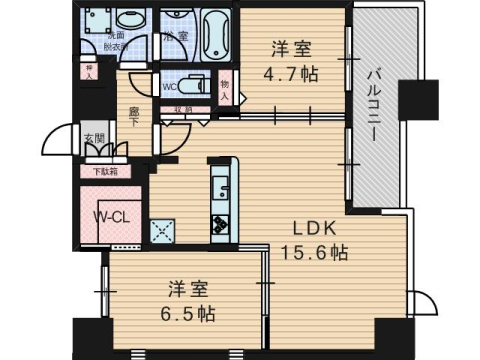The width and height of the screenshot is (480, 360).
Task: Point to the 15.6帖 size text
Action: tap(314, 253)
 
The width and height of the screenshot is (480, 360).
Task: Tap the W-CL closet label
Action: tap(109, 217)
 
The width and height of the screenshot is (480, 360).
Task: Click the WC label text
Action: tap(169, 86)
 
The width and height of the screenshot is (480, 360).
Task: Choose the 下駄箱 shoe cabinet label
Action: tap(104, 171)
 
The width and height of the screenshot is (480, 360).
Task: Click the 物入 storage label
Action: tap(224, 92)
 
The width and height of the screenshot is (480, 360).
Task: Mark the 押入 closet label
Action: tap(89, 72)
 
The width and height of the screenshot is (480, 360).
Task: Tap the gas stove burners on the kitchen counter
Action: tap(220, 226)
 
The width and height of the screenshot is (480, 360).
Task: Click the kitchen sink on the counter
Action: tap(220, 186)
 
